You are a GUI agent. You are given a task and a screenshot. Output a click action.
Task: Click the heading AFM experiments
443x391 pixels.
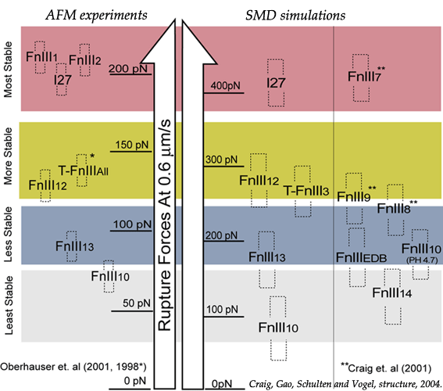(x=96, y=16)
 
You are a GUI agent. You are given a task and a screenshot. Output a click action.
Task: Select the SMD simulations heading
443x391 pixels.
(x=295, y=16)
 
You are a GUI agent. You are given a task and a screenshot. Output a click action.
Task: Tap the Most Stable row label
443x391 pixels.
(x=9, y=70)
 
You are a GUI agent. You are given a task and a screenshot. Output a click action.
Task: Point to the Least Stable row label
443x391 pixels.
(x=9, y=306)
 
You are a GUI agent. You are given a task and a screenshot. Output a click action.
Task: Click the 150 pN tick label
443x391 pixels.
(x=132, y=145)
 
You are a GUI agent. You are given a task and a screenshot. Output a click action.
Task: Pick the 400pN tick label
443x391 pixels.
(x=225, y=85)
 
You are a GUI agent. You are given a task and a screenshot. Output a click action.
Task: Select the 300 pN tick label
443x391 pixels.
(x=222, y=160)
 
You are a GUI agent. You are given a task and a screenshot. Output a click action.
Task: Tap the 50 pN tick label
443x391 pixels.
(x=137, y=303)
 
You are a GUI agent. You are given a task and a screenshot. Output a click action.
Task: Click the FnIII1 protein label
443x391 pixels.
(x=42, y=57)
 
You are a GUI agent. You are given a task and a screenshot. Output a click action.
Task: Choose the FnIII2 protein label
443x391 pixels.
(x=84, y=60)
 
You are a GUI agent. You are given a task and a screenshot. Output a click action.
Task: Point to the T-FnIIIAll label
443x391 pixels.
(x=84, y=170)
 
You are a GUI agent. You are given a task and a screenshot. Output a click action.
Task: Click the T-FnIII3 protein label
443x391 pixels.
(x=306, y=191)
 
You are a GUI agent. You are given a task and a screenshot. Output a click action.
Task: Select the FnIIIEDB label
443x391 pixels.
(x=361, y=257)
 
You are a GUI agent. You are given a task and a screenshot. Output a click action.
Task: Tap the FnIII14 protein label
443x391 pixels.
(x=392, y=292)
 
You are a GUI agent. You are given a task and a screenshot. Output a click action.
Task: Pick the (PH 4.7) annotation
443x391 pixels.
(x=422, y=260)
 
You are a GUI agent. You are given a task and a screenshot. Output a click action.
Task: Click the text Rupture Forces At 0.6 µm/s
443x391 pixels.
(x=164, y=225)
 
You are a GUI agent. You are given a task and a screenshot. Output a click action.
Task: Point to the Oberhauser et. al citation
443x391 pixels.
(x=73, y=367)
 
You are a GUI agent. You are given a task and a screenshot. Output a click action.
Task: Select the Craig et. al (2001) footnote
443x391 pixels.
(x=386, y=368)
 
